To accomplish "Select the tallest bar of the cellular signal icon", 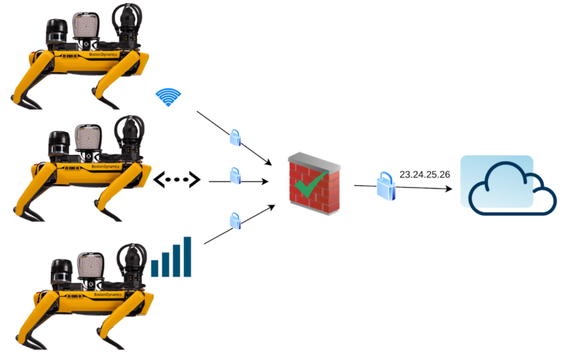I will (x=187, y=256).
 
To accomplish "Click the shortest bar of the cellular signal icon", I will (x=155, y=268).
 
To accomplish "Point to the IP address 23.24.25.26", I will (x=425, y=175).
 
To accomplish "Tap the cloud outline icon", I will (x=511, y=189).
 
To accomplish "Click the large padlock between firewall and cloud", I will (x=386, y=186).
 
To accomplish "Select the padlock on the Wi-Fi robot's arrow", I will (x=235, y=138).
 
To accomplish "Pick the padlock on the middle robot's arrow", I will (x=235, y=176).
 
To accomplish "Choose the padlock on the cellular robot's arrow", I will (x=234, y=220).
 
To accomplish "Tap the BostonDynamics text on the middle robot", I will (x=106, y=167).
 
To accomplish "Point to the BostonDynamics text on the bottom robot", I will (x=106, y=294).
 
